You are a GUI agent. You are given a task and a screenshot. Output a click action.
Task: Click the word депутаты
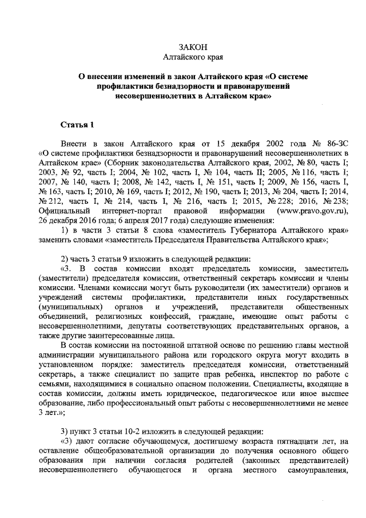127,327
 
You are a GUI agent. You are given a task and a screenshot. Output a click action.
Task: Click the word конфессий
193,317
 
